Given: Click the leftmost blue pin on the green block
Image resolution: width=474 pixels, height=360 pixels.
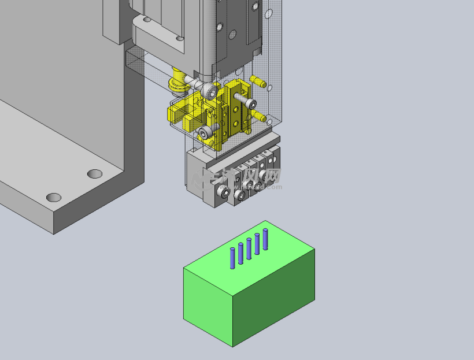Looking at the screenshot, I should click(232, 258).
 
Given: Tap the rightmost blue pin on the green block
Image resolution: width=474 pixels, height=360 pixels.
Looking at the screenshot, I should click(265, 239).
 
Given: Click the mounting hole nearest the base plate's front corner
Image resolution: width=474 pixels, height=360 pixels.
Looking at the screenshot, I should click(54, 198).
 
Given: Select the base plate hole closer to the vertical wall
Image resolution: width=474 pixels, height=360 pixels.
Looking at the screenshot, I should click(95, 173).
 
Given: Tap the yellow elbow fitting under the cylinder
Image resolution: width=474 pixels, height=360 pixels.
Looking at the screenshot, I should click(176, 81).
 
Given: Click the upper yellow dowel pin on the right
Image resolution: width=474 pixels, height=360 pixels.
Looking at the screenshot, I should click(258, 81).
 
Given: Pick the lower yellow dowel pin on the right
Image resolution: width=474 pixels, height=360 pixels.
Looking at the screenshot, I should click(258, 117).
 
